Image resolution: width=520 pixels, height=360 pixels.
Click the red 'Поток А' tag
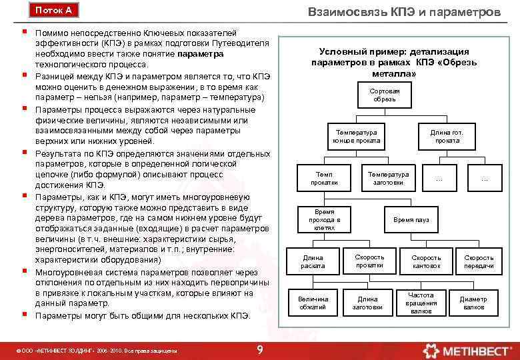(x=53, y=11)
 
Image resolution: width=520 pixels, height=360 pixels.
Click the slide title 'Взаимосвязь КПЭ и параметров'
(x=405, y=12)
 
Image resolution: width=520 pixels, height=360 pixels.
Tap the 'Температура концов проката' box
(x=357, y=137)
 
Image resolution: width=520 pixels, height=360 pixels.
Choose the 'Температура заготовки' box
(x=388, y=178)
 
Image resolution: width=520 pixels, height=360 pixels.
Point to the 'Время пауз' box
(x=411, y=219)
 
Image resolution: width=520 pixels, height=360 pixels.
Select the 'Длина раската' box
(x=313, y=261)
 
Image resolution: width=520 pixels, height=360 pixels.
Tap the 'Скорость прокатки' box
(x=369, y=261)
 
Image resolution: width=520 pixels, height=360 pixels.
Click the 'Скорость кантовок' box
(x=426, y=261)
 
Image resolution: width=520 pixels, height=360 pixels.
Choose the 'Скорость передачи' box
(x=479, y=261)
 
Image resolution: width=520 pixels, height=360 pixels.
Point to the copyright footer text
(x=99, y=350)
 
